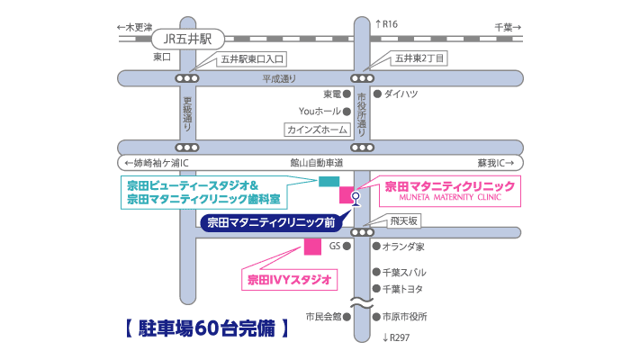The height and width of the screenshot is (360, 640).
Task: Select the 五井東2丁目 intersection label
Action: point(418,58)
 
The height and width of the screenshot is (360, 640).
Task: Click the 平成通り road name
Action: point(279,78)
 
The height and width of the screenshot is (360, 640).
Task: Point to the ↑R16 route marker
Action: point(385,24)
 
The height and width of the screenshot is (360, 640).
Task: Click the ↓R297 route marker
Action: point(397,337)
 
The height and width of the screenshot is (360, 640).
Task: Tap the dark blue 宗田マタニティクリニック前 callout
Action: point(271,221)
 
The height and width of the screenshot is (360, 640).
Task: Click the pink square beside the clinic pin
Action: point(347,193)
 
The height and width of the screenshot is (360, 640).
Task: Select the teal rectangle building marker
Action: point(329,181)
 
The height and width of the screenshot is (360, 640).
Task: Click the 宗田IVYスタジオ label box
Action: point(288,279)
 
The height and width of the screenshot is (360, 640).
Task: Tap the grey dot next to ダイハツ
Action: point(376,93)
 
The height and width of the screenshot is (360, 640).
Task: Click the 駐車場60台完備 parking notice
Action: point(207,328)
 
